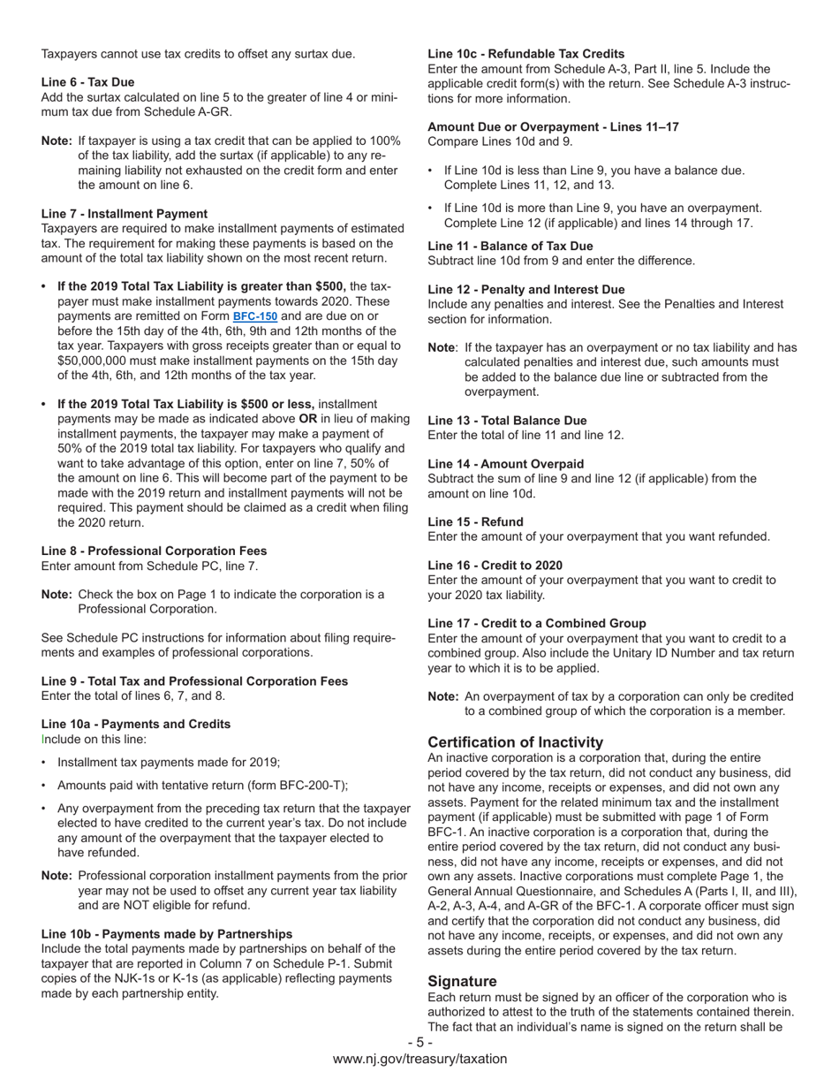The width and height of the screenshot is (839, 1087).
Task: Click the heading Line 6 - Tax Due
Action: tap(87, 82)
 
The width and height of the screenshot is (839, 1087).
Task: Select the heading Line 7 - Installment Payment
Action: tap(125, 214)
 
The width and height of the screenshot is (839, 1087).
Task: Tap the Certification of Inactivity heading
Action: tap(515, 742)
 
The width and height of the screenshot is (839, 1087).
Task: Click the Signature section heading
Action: tap(462, 982)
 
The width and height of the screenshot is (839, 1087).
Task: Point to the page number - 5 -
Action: tap(419, 1043)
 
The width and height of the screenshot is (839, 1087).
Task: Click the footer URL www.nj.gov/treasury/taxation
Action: tap(419, 1059)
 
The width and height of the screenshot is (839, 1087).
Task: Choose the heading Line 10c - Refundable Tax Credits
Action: tap(525, 54)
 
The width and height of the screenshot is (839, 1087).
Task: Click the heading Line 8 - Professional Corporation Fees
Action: tap(154, 551)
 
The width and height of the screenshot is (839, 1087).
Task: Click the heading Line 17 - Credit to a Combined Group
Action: tap(536, 624)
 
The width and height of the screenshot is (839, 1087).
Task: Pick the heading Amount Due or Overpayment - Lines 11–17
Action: tap(553, 127)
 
